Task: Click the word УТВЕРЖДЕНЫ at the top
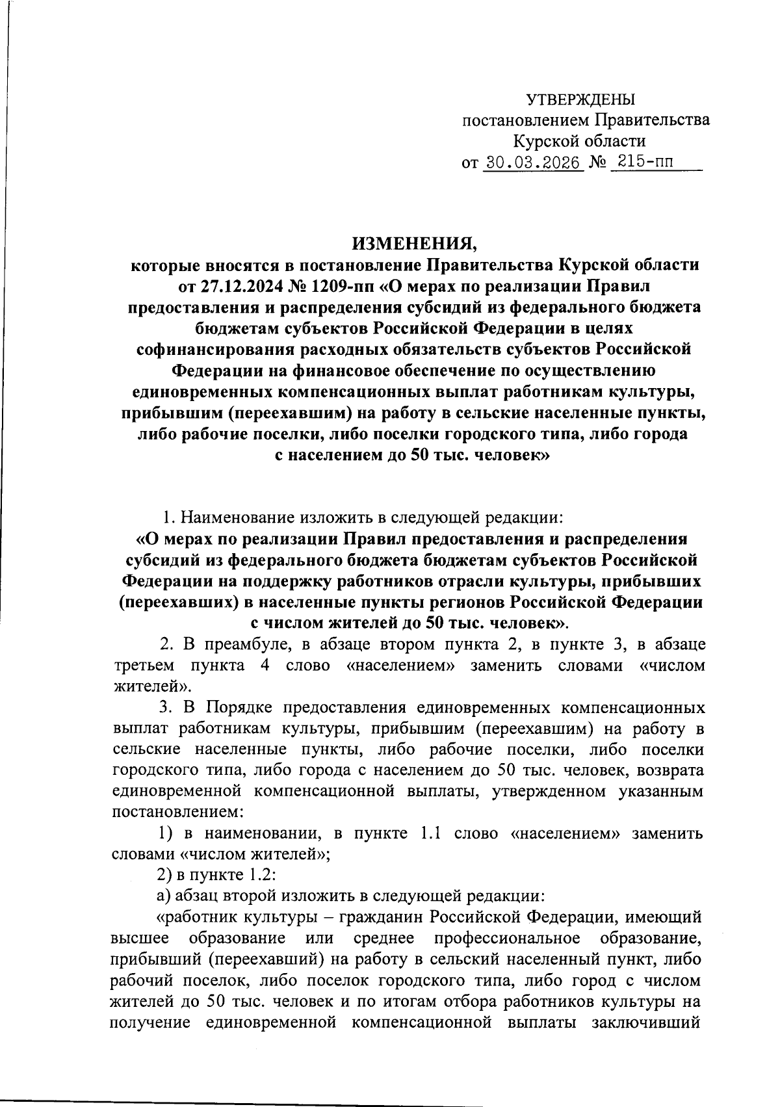(x=580, y=99)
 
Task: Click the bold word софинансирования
(x=218, y=349)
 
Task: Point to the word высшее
(x=140, y=939)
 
